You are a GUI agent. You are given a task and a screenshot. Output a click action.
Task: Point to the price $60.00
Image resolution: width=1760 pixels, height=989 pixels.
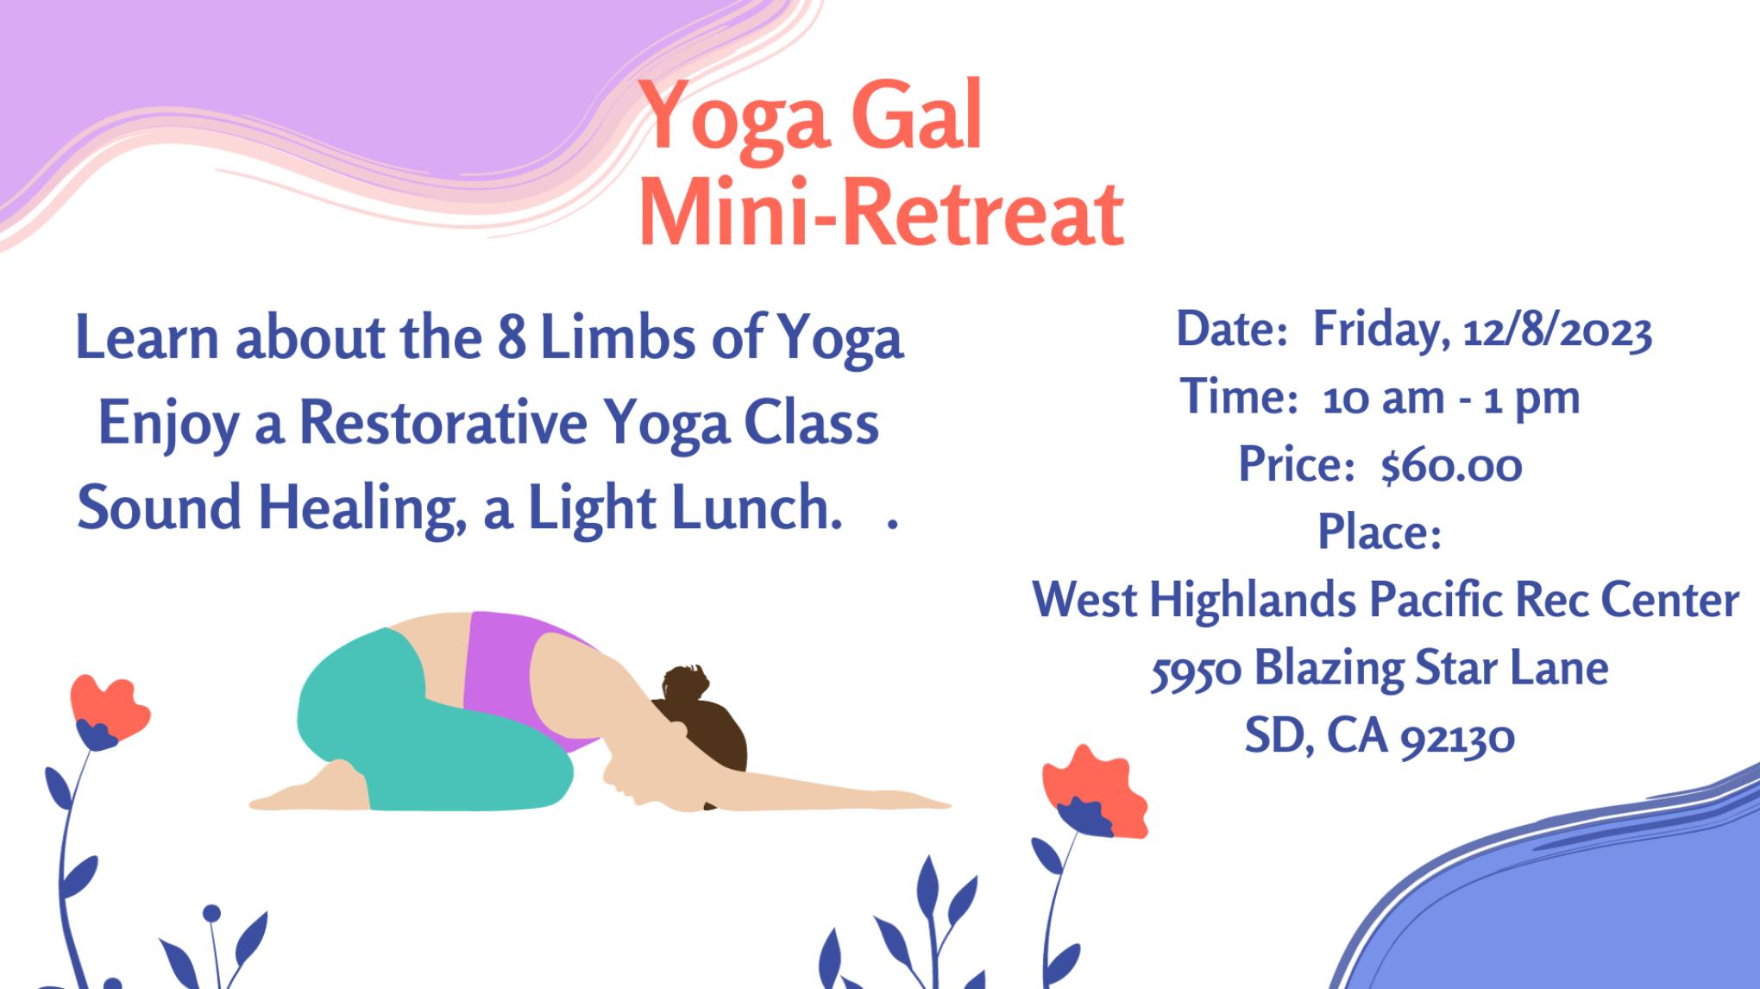(1451, 466)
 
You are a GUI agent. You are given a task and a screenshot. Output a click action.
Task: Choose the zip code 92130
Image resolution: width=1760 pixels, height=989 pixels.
(1457, 739)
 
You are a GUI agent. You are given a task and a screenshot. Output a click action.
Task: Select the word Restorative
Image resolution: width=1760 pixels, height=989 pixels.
(443, 423)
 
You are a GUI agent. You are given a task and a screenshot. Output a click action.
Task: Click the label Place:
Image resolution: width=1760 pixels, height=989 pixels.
(1379, 532)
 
